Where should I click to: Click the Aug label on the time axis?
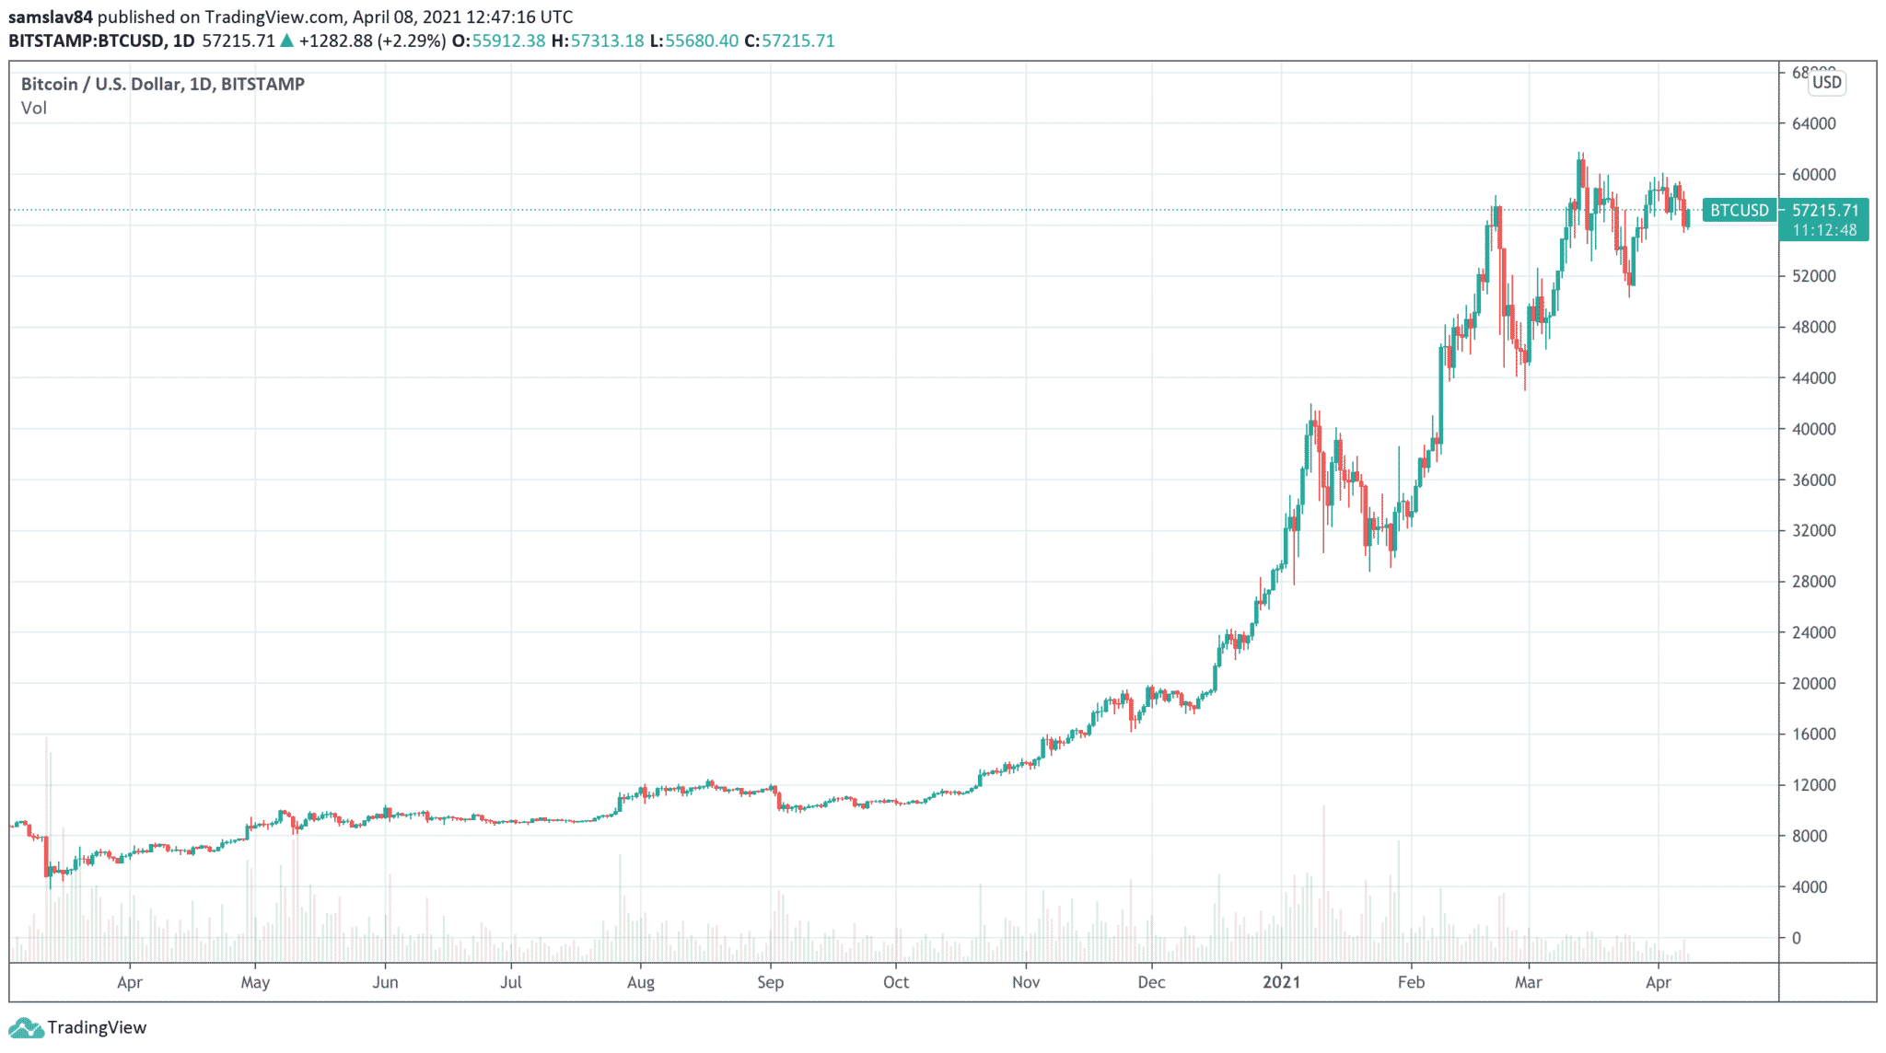click(640, 982)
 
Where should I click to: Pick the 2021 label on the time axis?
click(1281, 982)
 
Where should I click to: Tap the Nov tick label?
click(1026, 982)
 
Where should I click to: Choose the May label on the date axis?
click(255, 982)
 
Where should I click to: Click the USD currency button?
click(1826, 83)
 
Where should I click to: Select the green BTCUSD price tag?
click(1739, 211)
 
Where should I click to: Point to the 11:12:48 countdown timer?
click(1824, 230)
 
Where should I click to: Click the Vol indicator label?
click(34, 109)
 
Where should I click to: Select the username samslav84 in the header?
click(51, 17)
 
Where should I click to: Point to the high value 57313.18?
click(606, 41)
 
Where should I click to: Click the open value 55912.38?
click(508, 41)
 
